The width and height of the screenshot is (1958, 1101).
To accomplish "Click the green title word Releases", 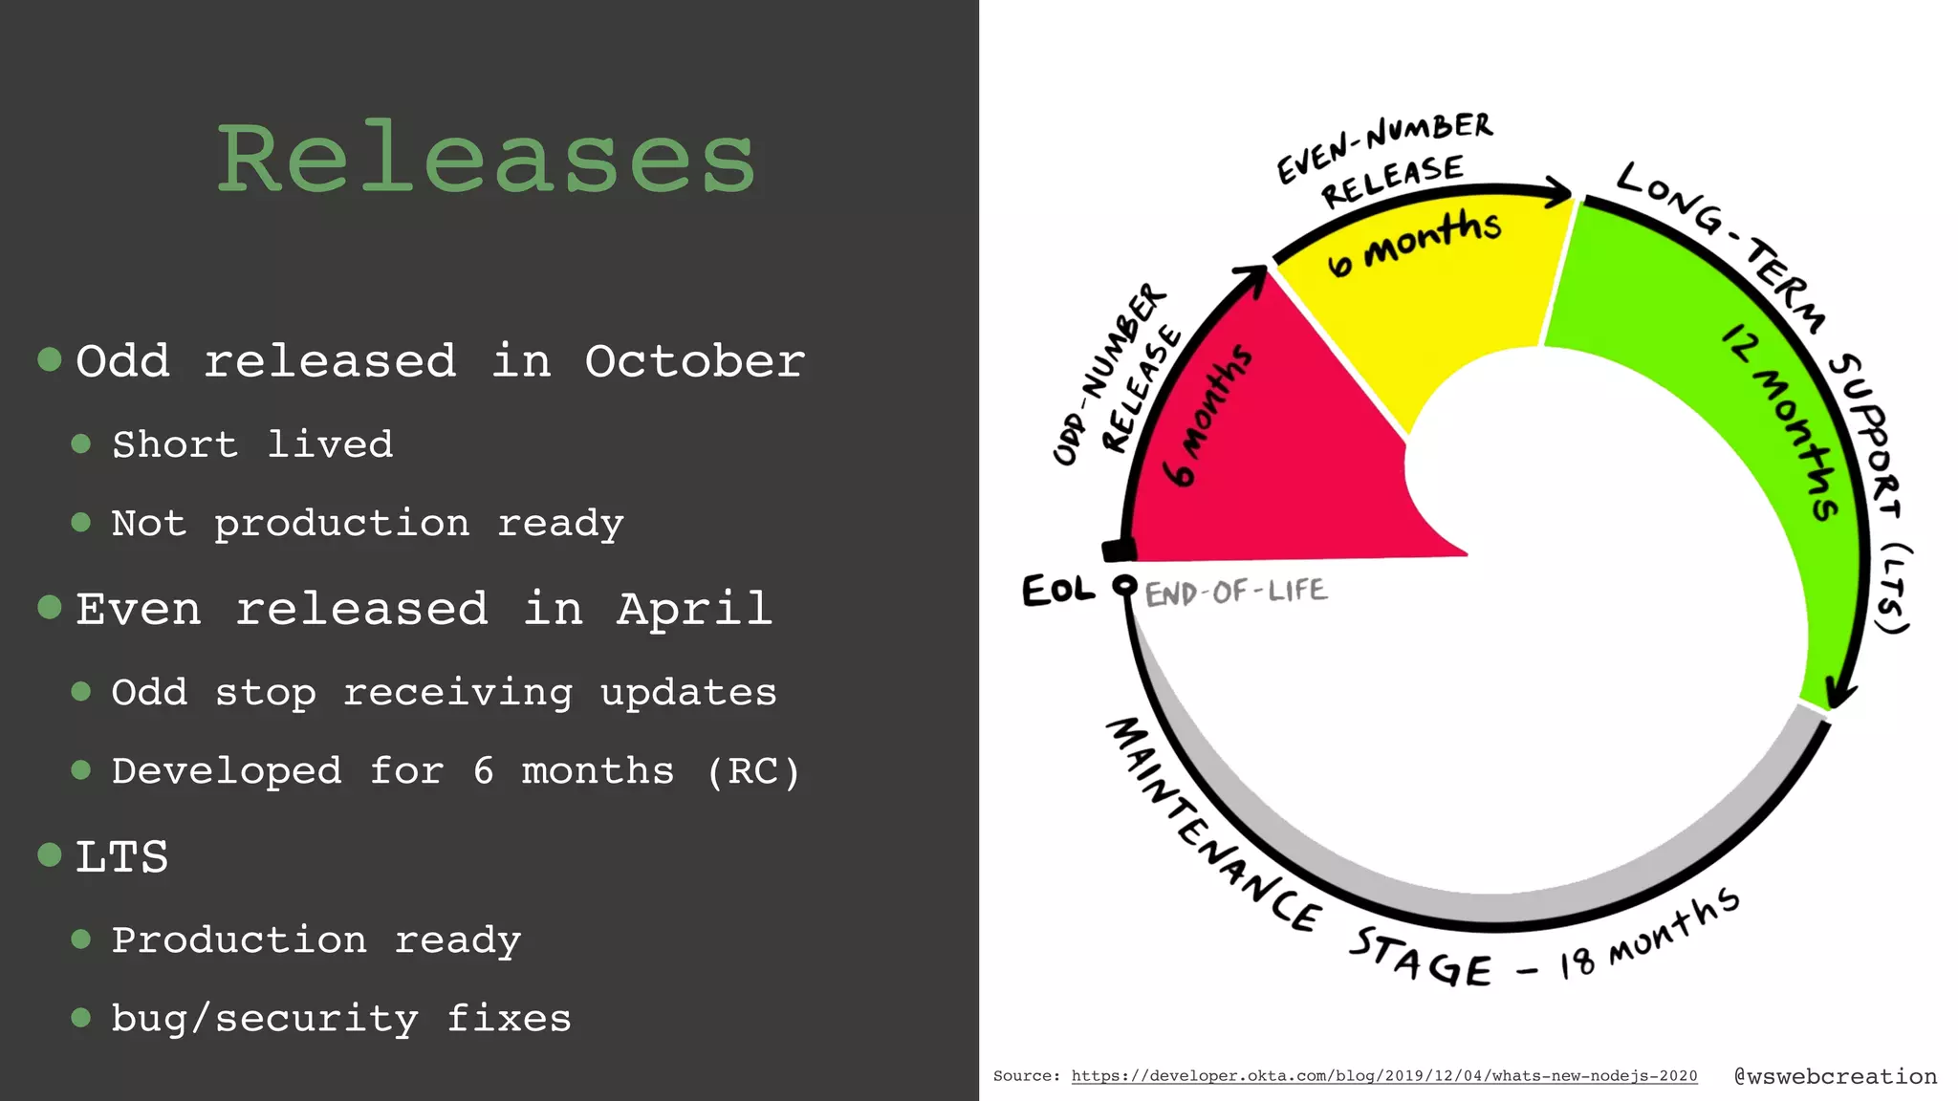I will [x=487, y=159].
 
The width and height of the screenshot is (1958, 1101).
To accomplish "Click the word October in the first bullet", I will [x=695, y=361].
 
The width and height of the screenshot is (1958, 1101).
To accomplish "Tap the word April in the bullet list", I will [x=695, y=609].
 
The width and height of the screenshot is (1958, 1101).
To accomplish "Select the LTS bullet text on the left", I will [x=122, y=856].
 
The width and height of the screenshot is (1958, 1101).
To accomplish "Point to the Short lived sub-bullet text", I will [x=252, y=444].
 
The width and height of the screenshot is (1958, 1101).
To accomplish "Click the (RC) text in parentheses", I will [x=753, y=771].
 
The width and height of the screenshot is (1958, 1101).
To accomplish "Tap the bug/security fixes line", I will [x=341, y=1019].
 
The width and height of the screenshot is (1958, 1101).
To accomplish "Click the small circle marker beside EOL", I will [x=1125, y=585].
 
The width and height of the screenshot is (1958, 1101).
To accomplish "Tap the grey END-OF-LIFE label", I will [x=1236, y=593].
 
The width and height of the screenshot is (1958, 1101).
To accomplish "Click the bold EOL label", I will [x=1057, y=590].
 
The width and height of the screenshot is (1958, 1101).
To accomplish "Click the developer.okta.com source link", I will [x=1383, y=1076].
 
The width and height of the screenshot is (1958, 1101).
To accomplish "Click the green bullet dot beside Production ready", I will [x=81, y=939].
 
